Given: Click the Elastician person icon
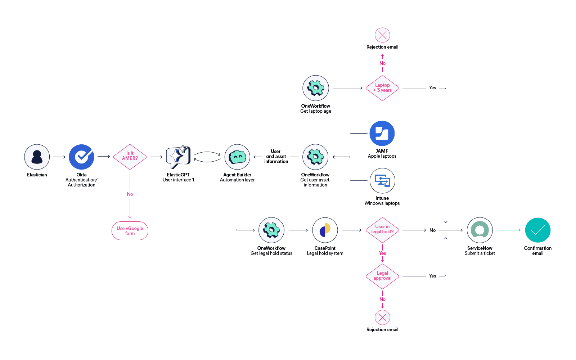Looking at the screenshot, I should [x=37, y=157].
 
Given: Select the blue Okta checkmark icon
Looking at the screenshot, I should [x=81, y=157].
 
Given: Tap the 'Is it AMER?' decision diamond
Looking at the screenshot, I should [x=130, y=157].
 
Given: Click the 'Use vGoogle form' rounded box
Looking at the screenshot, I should [x=130, y=231].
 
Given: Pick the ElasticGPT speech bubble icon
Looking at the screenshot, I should [x=178, y=157].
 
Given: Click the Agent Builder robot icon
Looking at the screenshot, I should [x=237, y=157].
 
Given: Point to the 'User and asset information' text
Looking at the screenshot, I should [x=276, y=157].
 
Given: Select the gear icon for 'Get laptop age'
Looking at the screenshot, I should [x=316, y=88].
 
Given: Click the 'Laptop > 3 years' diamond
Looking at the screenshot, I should [x=382, y=88].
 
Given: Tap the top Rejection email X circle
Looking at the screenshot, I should [x=382, y=35].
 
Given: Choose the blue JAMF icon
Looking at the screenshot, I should [x=382, y=134].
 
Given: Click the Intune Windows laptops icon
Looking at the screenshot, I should [x=382, y=181].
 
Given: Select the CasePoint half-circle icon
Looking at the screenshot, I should [x=325, y=230].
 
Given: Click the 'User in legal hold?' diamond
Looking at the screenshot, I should [x=382, y=230].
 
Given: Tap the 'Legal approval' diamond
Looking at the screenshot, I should [x=382, y=276].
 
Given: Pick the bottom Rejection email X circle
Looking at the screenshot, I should [x=382, y=318].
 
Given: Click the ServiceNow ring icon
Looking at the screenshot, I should [x=480, y=230].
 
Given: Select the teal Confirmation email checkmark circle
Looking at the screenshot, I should [x=537, y=230].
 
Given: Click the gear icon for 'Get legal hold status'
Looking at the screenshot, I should [x=271, y=230].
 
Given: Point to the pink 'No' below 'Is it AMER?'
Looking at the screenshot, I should [x=130, y=194].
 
